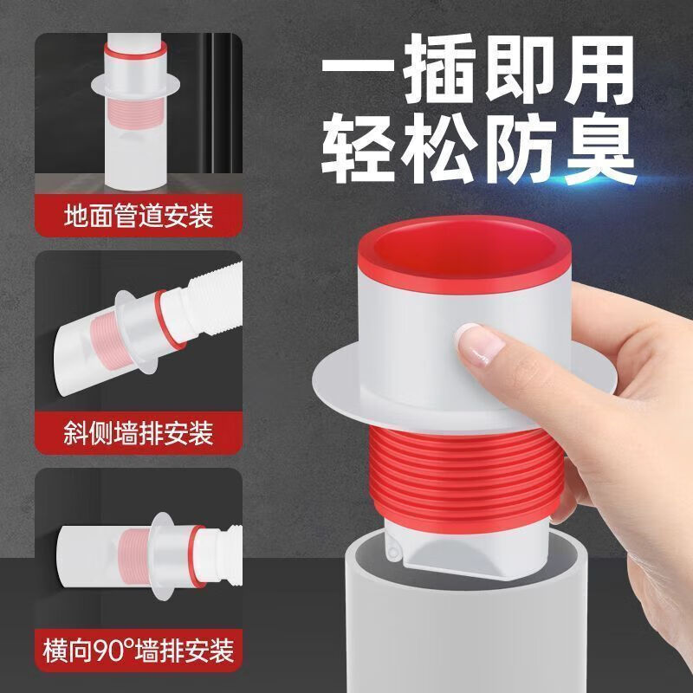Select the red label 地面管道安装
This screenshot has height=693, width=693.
click(139, 213)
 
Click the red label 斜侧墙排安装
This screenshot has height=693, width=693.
click(139, 431)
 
